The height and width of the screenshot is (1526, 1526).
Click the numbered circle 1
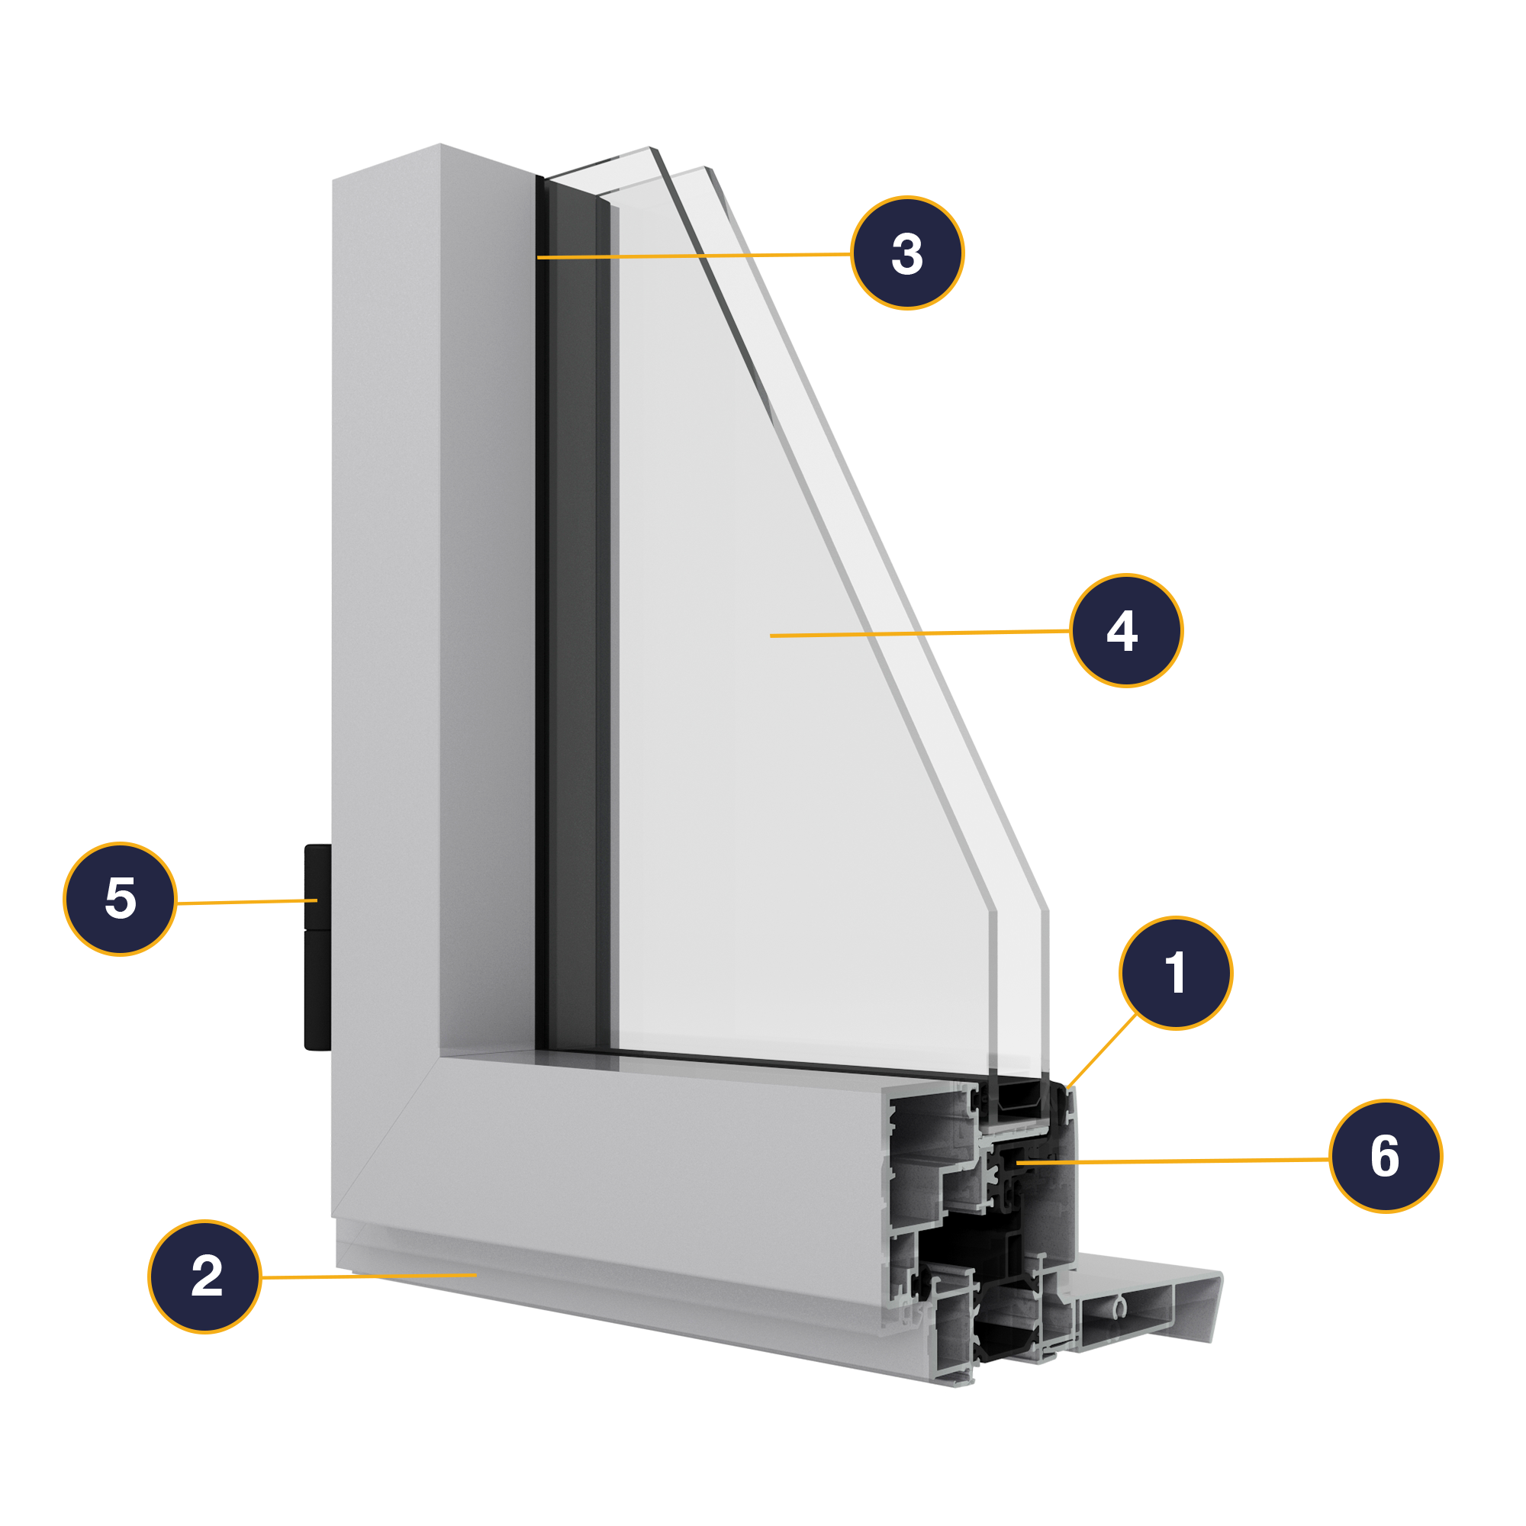[1175, 972]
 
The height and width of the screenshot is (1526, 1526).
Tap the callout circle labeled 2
[204, 1276]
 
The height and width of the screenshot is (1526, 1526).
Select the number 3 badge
[907, 252]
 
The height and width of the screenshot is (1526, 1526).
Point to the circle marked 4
[1126, 630]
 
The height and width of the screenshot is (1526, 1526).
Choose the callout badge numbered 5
[120, 899]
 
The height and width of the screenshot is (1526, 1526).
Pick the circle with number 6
[1386, 1155]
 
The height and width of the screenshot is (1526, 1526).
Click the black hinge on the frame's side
[317, 947]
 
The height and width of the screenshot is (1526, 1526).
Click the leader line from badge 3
[694, 256]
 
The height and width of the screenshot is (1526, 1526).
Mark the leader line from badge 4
[919, 633]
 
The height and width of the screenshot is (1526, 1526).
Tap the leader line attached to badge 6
[1172, 1161]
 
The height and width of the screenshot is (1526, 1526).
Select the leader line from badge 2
[369, 1276]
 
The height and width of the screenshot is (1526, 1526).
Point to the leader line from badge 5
[247, 901]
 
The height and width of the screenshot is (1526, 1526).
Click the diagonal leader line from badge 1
[1101, 1051]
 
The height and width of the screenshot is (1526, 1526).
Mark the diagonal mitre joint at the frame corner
[385, 1137]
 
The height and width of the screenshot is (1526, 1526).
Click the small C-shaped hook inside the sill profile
[1119, 1309]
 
